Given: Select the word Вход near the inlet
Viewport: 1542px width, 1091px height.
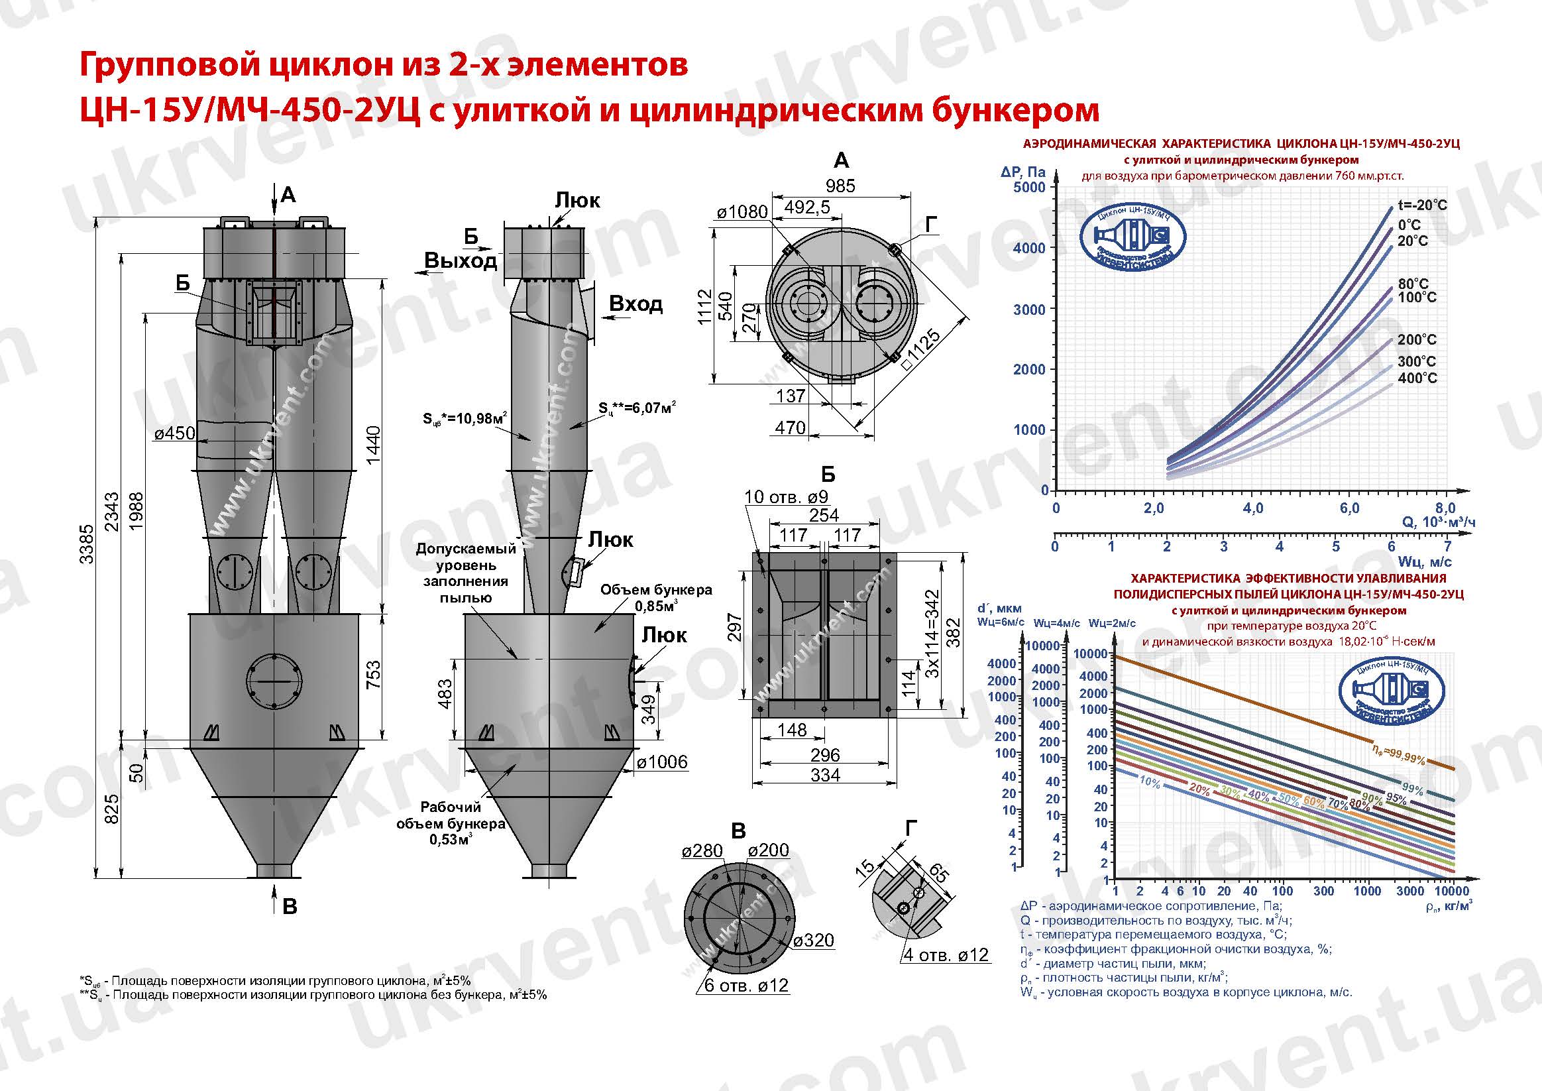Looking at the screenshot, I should click(635, 304).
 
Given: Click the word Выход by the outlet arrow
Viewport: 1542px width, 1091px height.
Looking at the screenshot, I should click(461, 260).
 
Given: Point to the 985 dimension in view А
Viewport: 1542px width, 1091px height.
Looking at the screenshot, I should click(840, 186).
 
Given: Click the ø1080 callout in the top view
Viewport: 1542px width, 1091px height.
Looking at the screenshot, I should click(742, 212).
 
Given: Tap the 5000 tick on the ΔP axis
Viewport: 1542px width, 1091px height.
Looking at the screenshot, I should click(1029, 187).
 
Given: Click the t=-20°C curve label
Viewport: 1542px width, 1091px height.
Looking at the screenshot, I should click(1422, 205).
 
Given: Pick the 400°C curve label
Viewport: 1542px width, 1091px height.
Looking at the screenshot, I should click(1417, 378).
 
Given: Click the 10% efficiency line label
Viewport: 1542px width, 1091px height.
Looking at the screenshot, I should click(1150, 782).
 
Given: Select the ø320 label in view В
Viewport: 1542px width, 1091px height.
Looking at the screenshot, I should click(813, 941).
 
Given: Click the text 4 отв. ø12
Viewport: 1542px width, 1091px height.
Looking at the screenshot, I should click(946, 954).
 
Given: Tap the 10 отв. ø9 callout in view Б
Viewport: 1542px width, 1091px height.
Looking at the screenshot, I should click(787, 497).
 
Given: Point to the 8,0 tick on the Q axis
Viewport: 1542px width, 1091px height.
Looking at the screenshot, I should click(1445, 508).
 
